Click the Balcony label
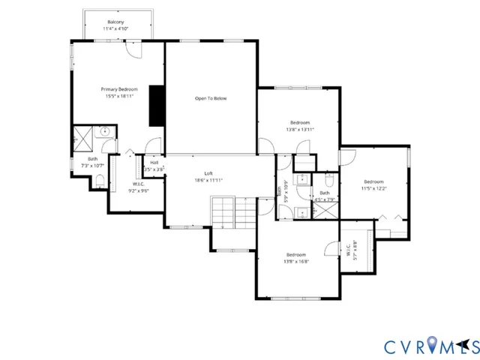115,22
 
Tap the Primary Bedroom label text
120,89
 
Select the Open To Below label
211,98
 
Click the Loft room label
208,173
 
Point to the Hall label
154,163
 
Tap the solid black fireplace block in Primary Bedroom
157,106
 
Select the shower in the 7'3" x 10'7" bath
80,136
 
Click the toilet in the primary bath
100,180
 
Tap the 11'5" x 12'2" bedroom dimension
373,188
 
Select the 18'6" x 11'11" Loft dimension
208,180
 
